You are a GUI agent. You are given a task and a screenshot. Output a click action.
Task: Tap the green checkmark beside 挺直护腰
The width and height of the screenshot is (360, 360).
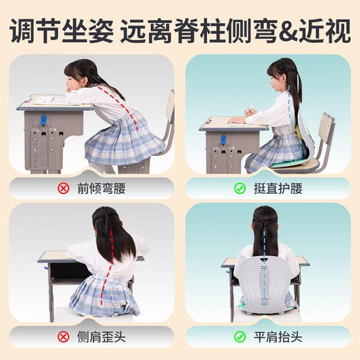pyautogui.click(x=240, y=188)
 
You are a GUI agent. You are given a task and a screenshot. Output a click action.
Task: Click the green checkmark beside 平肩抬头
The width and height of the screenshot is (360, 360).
pyautogui.click(x=240, y=337)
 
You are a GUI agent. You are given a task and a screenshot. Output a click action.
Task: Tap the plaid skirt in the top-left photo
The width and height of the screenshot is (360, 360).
pyautogui.click(x=125, y=138)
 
